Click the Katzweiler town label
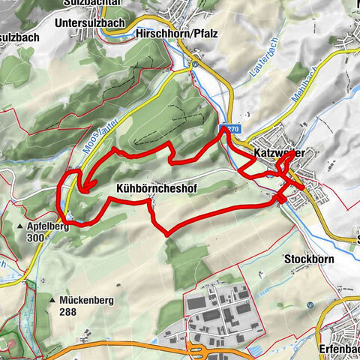279,153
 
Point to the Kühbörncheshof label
157,190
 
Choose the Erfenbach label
338,349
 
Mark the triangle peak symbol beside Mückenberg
52,300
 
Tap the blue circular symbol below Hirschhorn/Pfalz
194,64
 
